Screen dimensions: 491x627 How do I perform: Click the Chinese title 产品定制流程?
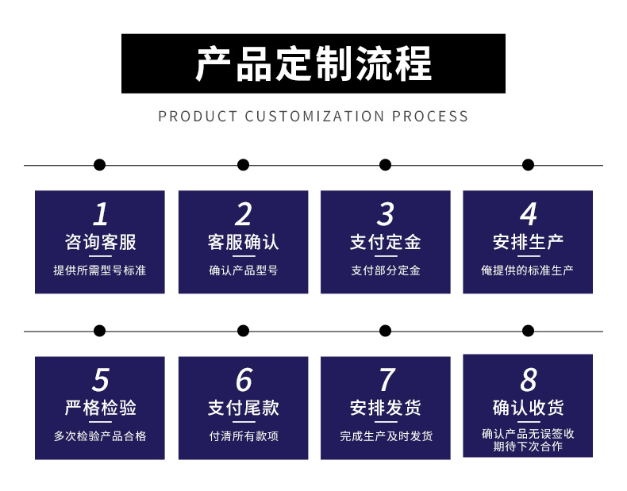click(313, 64)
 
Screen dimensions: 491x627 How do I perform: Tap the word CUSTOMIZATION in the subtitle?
click(314, 117)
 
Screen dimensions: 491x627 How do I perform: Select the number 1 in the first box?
click(100, 214)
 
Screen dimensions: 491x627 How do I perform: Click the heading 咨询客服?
click(100, 242)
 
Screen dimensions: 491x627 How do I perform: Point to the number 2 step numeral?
click(243, 214)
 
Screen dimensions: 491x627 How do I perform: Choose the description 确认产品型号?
click(243, 270)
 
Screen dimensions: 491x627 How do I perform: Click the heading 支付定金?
click(385, 242)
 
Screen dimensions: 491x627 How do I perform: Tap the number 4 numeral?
click(528, 214)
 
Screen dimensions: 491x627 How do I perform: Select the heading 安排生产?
click(528, 242)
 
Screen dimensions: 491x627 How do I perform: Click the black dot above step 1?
click(99, 165)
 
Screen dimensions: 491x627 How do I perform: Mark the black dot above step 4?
click(528, 165)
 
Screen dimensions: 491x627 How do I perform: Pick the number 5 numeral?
click(100, 380)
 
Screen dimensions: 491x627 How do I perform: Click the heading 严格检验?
click(100, 408)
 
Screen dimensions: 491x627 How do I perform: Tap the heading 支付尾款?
click(243, 408)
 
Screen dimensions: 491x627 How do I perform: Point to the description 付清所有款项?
click(243, 436)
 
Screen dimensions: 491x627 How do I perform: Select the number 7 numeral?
click(386, 380)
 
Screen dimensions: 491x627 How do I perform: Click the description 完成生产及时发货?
click(385, 436)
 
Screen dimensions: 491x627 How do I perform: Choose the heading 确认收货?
click(528, 408)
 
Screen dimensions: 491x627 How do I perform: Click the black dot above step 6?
click(243, 331)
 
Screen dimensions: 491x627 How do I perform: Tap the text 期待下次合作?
click(528, 447)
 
